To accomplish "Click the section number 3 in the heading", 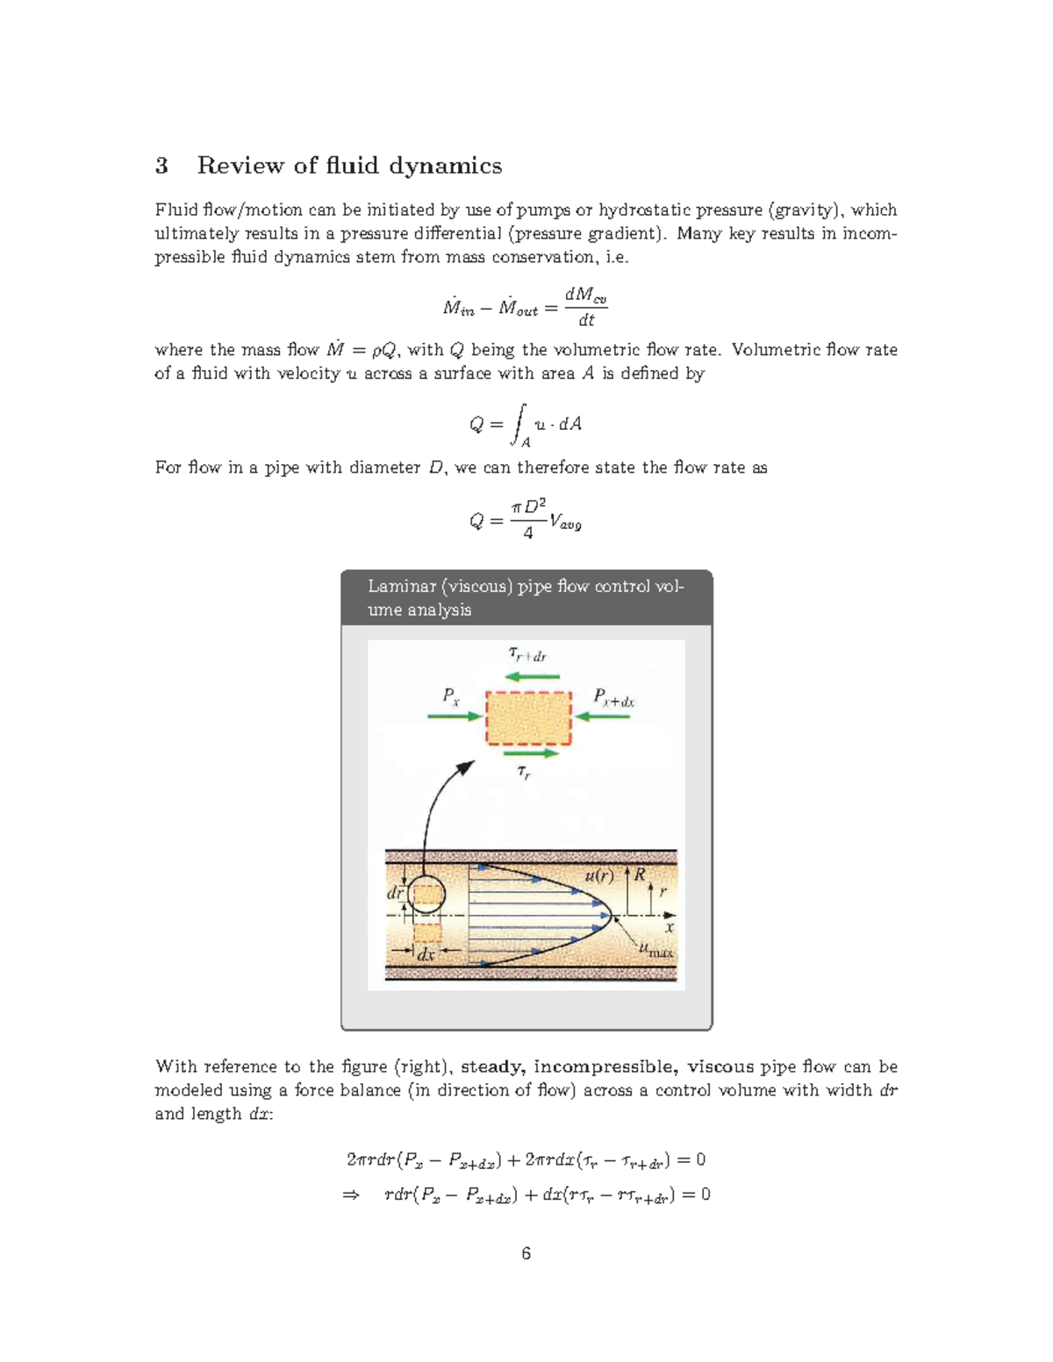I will (x=161, y=166).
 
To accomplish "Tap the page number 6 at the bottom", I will (x=526, y=1253).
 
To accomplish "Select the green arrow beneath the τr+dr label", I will (x=533, y=676).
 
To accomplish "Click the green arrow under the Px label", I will (x=455, y=717).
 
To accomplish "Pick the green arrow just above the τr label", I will (x=531, y=752).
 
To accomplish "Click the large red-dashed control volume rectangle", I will (x=528, y=717).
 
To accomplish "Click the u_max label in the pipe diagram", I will (x=655, y=950).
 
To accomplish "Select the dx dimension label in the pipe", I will (x=426, y=955).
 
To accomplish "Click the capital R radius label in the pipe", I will (x=640, y=874).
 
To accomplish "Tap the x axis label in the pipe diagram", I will (x=670, y=927).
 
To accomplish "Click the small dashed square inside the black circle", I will (x=426, y=895).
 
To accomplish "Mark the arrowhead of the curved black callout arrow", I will (x=466, y=768).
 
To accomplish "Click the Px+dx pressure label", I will (x=613, y=698).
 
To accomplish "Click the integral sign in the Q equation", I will (x=520, y=424).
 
